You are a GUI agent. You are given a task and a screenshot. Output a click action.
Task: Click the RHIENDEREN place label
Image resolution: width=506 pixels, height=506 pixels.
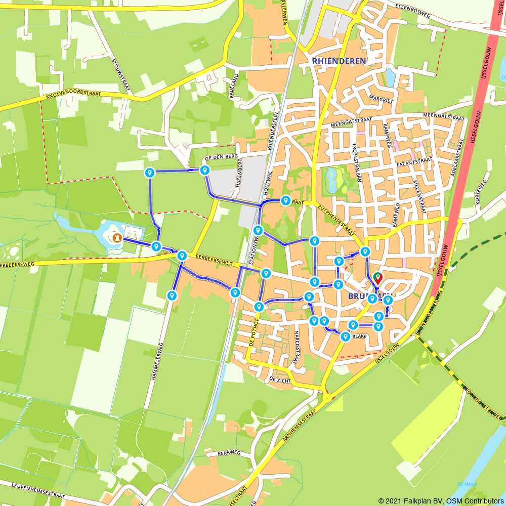click(339, 61)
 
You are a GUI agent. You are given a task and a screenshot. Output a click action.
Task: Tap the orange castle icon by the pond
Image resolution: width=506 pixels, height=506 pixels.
click(117, 237)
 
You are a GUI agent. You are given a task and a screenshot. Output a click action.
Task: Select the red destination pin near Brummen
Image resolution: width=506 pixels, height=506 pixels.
click(378, 278)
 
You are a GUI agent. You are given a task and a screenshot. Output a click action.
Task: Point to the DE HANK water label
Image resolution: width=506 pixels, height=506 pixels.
click(467, 484)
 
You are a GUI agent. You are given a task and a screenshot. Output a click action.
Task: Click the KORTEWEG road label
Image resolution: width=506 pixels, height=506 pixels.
click(481, 192)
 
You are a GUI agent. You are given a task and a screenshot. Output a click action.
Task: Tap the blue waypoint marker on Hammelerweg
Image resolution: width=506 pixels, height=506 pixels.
click(173, 295)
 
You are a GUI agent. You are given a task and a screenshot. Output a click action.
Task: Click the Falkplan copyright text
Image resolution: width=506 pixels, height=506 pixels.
click(441, 501)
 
